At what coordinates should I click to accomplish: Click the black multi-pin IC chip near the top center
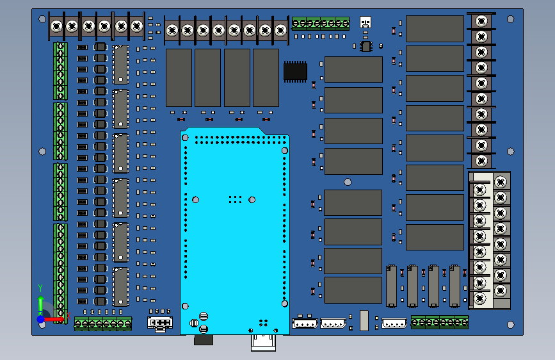coord(295,70)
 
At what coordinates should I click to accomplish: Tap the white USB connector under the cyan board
coord(264,342)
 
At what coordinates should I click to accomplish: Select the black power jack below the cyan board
coord(203,339)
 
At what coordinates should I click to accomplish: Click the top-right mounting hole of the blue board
coord(510,19)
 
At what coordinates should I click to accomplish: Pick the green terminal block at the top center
coord(321,24)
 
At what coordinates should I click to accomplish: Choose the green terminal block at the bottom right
coord(439,322)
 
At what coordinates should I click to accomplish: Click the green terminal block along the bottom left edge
coord(102,323)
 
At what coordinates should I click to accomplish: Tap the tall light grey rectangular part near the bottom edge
coord(364,320)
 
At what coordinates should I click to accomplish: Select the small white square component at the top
coord(366,22)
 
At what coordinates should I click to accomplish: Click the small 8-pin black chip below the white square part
coord(366,46)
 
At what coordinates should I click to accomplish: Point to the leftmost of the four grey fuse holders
coord(392,286)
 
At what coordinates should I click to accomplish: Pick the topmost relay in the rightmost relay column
coord(435,29)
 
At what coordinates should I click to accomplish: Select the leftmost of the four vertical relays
coord(179,78)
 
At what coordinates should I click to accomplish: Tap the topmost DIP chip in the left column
coord(120,64)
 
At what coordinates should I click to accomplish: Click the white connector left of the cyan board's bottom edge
coord(160,322)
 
